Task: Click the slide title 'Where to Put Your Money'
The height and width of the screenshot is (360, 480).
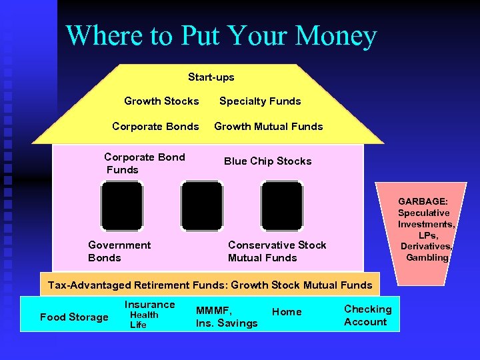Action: pos(221,36)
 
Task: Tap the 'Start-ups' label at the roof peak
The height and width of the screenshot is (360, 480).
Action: pos(211,77)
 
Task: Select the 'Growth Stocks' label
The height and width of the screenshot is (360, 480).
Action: pos(161,101)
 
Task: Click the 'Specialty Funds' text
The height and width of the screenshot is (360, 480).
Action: pos(260,101)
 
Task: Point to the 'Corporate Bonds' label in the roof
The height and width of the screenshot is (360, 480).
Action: pos(155,127)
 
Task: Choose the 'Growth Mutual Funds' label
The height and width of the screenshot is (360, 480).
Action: pos(268,127)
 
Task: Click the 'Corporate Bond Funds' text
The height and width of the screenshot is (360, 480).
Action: pos(144,163)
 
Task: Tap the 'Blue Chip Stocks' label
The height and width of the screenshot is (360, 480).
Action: pos(267,161)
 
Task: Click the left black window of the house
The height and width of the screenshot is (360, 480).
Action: pos(122,206)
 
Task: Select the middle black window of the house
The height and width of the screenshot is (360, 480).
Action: pos(202,206)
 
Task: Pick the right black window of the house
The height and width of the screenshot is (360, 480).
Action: pos(281,206)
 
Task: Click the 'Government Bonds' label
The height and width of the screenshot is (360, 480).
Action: pos(119,251)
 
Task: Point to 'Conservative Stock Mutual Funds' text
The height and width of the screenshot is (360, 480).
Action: pos(277,251)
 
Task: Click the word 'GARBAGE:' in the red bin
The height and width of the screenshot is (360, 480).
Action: pos(423,201)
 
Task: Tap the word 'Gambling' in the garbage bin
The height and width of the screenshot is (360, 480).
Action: pos(427,257)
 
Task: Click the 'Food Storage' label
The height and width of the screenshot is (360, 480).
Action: pos(74,317)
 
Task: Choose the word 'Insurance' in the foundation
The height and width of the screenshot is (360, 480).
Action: pos(149,305)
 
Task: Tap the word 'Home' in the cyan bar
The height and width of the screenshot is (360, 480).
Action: pos(287,312)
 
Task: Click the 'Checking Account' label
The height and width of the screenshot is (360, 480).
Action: pos(367,315)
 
